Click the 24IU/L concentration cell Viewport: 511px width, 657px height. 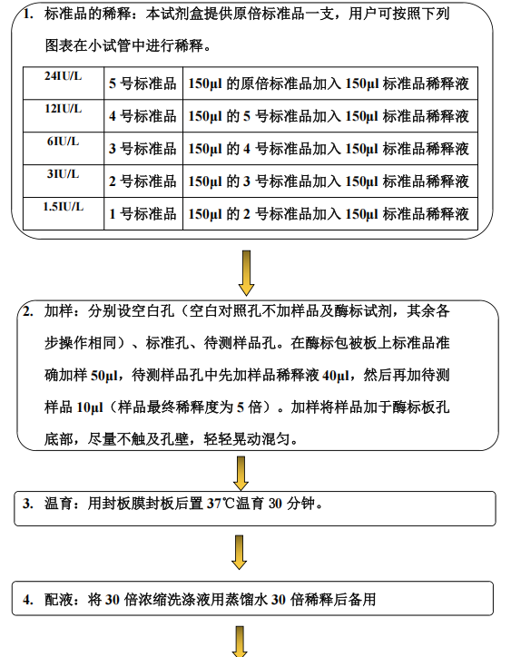(x=64, y=83)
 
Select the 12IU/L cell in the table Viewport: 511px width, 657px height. (x=64, y=115)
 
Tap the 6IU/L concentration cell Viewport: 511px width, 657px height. (x=64, y=148)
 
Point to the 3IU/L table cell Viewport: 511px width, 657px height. (x=64, y=181)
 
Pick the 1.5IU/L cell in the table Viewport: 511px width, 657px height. (x=64, y=213)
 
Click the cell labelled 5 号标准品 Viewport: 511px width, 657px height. (x=143, y=83)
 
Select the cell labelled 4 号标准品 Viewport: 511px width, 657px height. (x=143, y=115)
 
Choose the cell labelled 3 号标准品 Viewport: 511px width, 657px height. (x=143, y=148)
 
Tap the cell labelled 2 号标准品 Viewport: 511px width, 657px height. (x=143, y=181)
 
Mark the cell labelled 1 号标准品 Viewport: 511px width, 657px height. (x=143, y=213)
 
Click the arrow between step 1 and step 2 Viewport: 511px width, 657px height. (x=247, y=273)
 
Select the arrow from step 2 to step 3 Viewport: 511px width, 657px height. (x=241, y=474)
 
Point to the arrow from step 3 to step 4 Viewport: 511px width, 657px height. (x=239, y=553)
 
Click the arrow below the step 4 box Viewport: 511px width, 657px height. (x=240, y=642)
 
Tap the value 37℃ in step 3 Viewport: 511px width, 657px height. (x=221, y=504)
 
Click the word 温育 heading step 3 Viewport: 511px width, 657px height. (x=58, y=504)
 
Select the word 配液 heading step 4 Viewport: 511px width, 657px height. (x=58, y=600)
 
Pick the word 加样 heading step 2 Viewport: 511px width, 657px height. (x=58, y=311)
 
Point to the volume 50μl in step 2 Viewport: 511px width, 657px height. (x=104, y=375)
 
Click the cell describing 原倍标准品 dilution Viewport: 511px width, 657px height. (x=330, y=83)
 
